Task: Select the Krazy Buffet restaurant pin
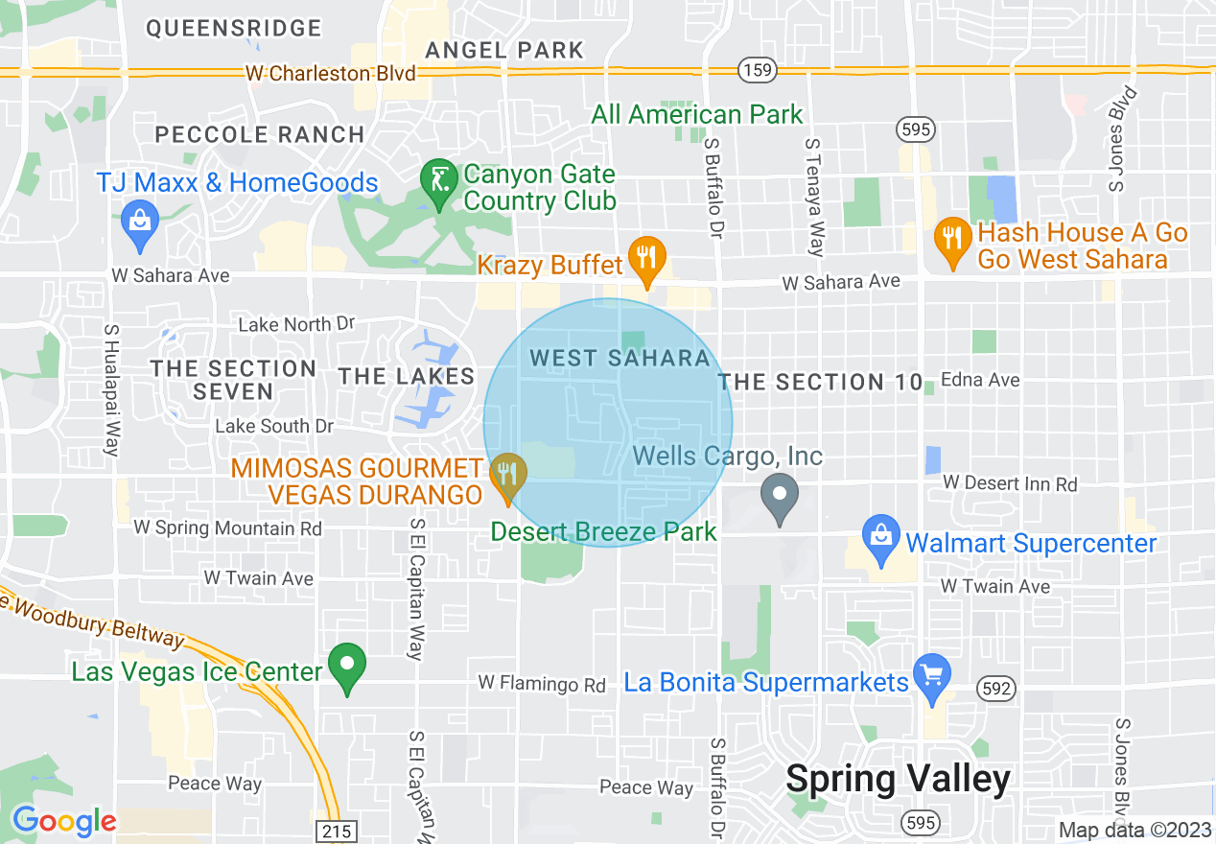click(x=647, y=258)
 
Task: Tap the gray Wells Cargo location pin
click(x=780, y=496)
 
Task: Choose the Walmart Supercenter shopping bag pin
click(x=880, y=539)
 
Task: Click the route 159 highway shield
click(x=757, y=69)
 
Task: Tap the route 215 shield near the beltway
click(x=337, y=831)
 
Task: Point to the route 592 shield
click(x=993, y=687)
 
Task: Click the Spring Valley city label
click(x=898, y=779)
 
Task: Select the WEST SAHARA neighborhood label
click(x=620, y=359)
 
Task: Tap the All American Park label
click(x=697, y=115)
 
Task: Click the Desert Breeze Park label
click(x=603, y=531)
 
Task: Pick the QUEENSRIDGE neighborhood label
click(x=234, y=29)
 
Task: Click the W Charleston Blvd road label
click(x=331, y=74)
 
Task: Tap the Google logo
click(x=64, y=821)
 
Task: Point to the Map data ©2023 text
click(x=1134, y=830)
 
